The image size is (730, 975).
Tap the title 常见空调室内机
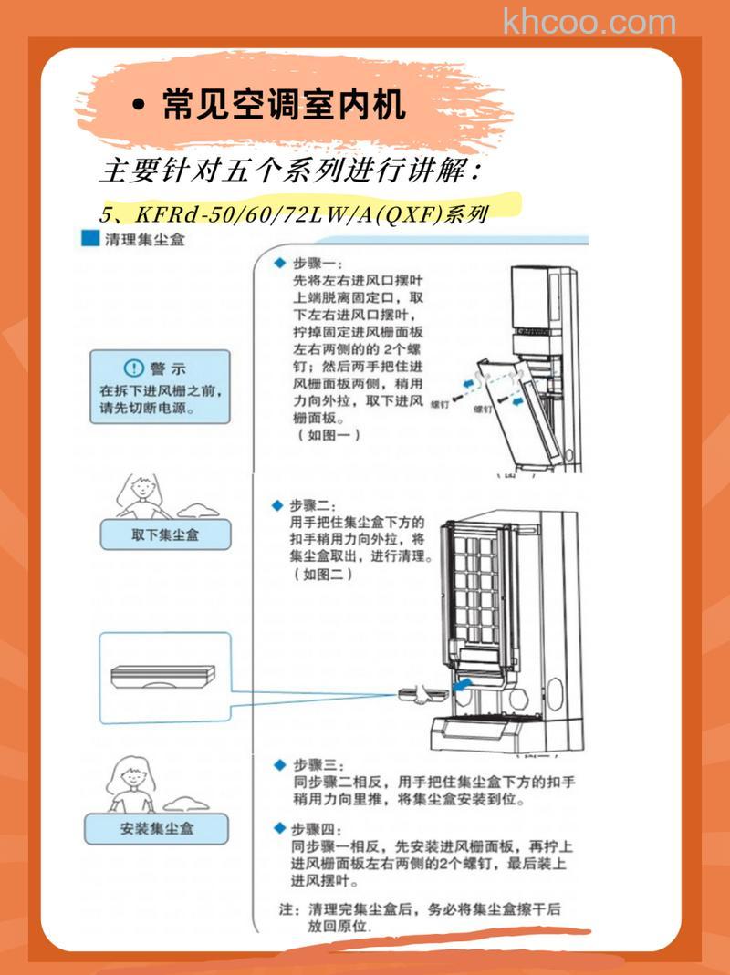283,106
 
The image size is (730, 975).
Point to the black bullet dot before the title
139,107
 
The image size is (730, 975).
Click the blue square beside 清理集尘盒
89,241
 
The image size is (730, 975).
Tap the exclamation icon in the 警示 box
134,368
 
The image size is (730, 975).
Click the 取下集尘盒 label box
164,534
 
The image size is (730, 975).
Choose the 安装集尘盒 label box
156,829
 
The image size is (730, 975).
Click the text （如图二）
323,575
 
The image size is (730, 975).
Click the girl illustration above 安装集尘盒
130,783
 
